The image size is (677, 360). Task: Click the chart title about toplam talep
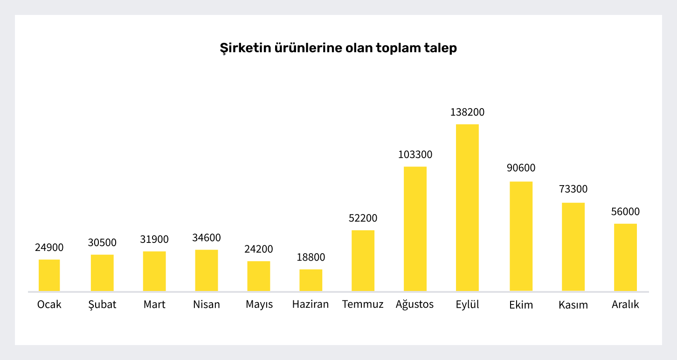point(338,48)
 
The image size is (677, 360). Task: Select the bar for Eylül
point(467,208)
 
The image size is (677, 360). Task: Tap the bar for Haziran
point(311,280)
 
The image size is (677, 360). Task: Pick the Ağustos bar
point(415,228)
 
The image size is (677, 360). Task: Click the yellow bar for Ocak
point(49,275)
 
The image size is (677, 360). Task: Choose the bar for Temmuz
point(363,261)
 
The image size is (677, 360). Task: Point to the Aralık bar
point(625,257)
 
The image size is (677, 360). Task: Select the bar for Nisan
point(207,270)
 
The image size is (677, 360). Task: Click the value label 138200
point(467,112)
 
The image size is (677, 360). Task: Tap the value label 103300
point(415,155)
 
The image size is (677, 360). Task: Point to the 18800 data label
point(311,257)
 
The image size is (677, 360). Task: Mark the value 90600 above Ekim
point(521,168)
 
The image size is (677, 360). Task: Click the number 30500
point(102,242)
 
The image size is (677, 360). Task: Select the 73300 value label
point(573,189)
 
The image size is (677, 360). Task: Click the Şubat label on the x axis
point(102,305)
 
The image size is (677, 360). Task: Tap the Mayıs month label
point(259,305)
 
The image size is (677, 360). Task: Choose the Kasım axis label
point(573,305)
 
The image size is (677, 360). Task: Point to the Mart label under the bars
point(154,305)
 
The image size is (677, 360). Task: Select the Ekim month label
point(521,305)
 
